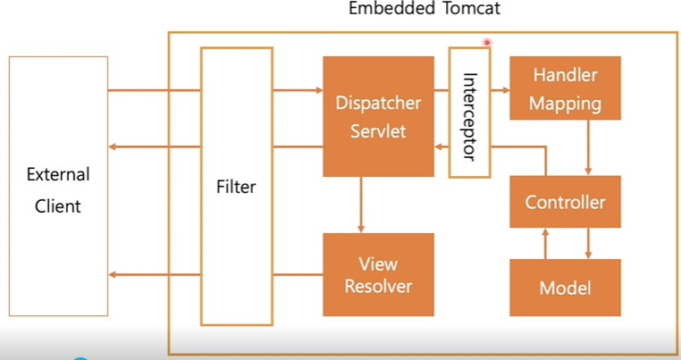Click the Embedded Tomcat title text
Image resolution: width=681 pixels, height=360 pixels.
pos(425,8)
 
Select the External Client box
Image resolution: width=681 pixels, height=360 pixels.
pos(59,186)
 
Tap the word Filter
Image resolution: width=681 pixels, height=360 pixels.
pos(236,187)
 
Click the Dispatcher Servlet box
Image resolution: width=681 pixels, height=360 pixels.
pos(378,116)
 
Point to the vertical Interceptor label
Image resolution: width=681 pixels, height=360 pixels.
pos(469,116)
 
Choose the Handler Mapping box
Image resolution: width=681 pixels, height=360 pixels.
pos(565,88)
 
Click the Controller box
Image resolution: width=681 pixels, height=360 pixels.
pos(565,202)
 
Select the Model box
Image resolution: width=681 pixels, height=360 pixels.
pos(565,288)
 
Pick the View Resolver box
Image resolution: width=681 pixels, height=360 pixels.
pos(378,274)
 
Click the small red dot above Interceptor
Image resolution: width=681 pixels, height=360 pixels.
pos(487,42)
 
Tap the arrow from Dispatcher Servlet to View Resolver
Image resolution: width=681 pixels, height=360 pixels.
pos(360,205)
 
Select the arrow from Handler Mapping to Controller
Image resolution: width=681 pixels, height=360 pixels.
pos(588,147)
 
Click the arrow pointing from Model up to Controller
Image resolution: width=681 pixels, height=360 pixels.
pos(545,244)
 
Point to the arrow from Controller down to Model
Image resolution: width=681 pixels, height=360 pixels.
pos(588,244)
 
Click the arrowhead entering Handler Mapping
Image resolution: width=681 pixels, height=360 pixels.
pos(506,90)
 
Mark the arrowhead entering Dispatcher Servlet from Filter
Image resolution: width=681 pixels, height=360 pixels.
pos(319,90)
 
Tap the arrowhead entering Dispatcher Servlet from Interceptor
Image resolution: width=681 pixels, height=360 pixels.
pos(438,147)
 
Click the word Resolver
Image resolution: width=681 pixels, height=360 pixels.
pos(378,286)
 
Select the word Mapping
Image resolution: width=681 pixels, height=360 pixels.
pos(565,104)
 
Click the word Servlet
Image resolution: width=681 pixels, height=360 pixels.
pos(378,131)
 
